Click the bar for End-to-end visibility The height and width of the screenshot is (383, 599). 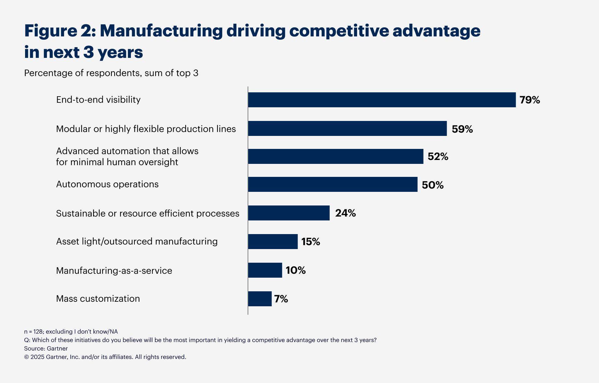(x=382, y=100)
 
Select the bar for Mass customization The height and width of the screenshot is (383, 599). (x=260, y=299)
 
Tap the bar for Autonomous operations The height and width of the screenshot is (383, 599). (x=333, y=184)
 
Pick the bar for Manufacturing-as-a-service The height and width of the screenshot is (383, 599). (x=265, y=270)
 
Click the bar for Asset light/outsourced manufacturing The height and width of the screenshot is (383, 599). (x=273, y=242)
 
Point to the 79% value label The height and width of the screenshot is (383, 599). (x=530, y=100)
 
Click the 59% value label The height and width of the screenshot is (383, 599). (x=462, y=129)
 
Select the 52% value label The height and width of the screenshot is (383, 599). (x=438, y=157)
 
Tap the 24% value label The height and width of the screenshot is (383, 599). (x=345, y=213)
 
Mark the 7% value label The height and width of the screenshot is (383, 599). (x=281, y=299)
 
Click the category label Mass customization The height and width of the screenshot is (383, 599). (x=98, y=298)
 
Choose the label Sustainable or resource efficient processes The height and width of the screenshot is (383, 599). (x=147, y=213)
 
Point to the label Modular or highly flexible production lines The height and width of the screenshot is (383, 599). (x=146, y=129)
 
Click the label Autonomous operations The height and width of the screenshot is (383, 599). (x=107, y=184)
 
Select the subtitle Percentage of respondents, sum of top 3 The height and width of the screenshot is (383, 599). (x=111, y=73)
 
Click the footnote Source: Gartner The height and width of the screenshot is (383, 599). (x=46, y=349)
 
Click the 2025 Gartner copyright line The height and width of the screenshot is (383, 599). (x=105, y=357)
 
